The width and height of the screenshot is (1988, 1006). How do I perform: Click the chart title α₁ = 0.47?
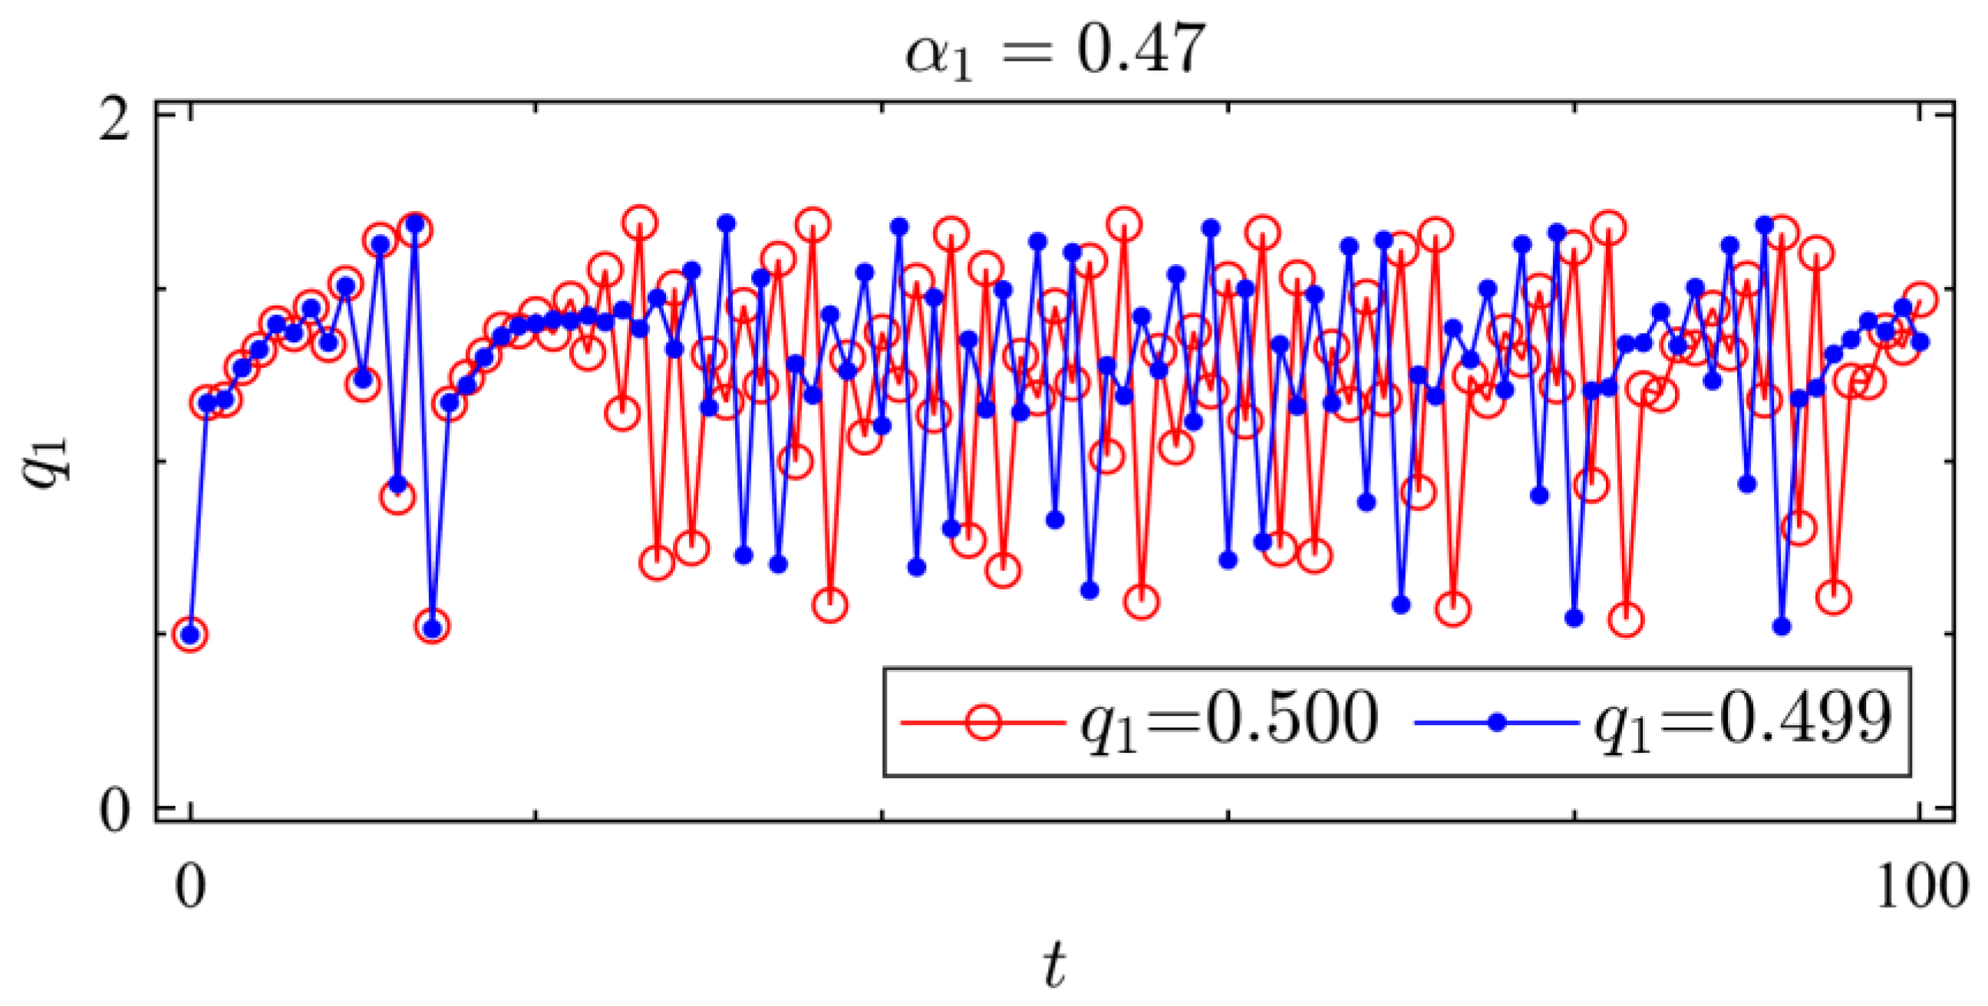(1054, 51)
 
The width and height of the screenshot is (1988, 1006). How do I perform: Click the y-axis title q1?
(48, 460)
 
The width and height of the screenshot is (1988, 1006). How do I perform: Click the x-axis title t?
(1054, 965)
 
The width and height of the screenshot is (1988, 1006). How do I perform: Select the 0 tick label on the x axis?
(190, 886)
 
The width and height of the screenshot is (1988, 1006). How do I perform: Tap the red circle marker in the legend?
(983, 722)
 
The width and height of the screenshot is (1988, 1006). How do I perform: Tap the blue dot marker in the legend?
(1497, 723)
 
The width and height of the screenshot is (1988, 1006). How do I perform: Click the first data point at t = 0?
(190, 635)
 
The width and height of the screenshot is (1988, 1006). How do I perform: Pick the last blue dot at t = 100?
(1920, 341)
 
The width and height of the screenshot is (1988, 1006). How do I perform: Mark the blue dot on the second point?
(208, 402)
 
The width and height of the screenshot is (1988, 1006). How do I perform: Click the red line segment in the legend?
(930, 723)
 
